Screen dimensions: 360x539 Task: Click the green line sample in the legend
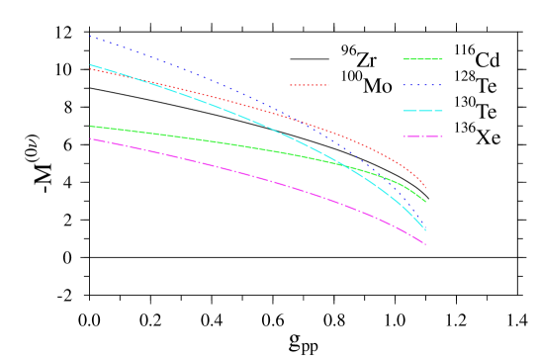[x=423, y=59]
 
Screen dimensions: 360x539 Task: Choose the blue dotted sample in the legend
[x=423, y=85]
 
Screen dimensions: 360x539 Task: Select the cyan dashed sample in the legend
[x=423, y=111]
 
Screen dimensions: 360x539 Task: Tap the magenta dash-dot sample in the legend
[x=423, y=136]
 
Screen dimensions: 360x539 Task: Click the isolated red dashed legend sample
[x=310, y=85]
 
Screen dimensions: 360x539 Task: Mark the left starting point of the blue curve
[x=90, y=37]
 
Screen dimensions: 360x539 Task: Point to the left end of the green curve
[x=90, y=126]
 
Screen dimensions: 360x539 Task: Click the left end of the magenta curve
[x=90, y=138]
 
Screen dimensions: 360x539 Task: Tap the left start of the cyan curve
[x=90, y=64]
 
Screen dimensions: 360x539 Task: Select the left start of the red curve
[x=90, y=68]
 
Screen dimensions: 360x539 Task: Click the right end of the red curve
[x=426, y=187]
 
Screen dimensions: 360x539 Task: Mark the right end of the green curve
[x=426, y=202]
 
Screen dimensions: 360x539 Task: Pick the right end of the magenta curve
[x=426, y=244]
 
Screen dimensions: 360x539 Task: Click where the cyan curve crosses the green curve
[x=343, y=163]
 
